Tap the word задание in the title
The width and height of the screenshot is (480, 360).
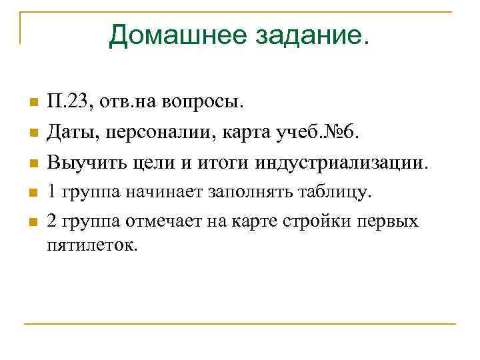[311, 35]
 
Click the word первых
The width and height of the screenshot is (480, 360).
[387, 221]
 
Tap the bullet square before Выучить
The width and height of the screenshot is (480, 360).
[31, 163]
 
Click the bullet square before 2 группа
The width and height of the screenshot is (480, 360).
[31, 223]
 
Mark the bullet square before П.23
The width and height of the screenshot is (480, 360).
[31, 104]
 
